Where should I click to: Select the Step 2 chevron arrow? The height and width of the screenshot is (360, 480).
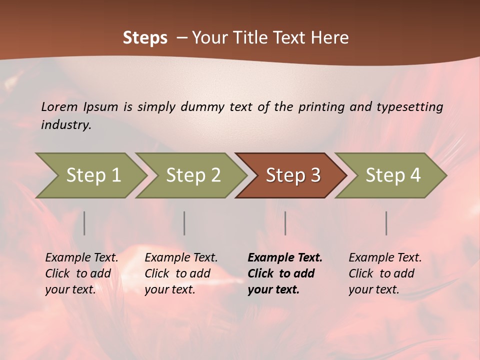pyautogui.click(x=193, y=175)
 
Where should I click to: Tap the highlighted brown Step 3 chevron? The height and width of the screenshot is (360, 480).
pyautogui.click(x=293, y=175)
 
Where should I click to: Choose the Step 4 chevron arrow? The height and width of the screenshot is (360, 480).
pyautogui.click(x=393, y=175)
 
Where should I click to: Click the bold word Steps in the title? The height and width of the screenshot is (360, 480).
pyautogui.click(x=145, y=37)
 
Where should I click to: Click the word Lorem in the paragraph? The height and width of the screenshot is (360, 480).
pyautogui.click(x=59, y=106)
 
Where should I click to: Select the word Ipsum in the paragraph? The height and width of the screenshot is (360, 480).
pyautogui.click(x=101, y=106)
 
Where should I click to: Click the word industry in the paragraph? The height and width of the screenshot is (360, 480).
pyautogui.click(x=66, y=125)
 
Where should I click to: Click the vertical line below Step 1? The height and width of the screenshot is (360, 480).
pyautogui.click(x=84, y=223)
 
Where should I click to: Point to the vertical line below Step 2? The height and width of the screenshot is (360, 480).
pyautogui.click(x=184, y=223)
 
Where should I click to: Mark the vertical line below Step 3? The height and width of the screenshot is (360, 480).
pyautogui.click(x=285, y=223)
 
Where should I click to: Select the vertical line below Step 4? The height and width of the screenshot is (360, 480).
pyautogui.click(x=386, y=223)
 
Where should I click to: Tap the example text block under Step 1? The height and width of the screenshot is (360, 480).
pyautogui.click(x=81, y=273)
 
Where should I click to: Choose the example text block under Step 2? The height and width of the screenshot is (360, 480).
pyautogui.click(x=181, y=273)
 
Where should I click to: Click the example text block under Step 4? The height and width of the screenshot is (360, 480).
pyautogui.click(x=385, y=273)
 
